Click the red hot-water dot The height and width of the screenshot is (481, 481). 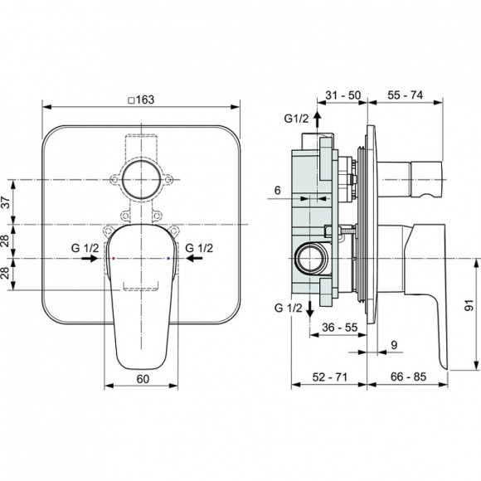click(114, 259)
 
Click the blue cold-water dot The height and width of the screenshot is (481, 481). click(168, 259)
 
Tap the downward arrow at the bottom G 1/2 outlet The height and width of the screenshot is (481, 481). click(309, 311)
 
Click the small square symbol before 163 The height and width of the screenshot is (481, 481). click(130, 98)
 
